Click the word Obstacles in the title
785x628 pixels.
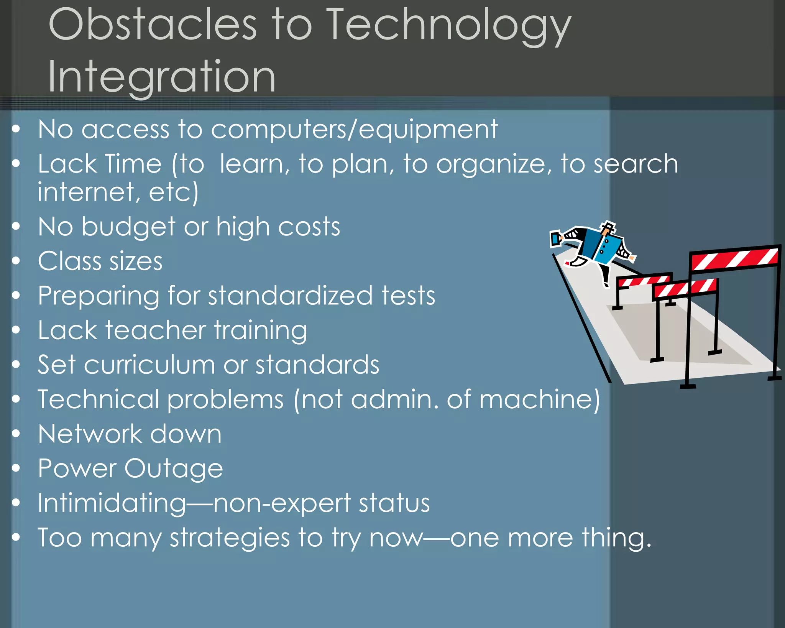click(153, 25)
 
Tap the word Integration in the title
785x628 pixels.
click(161, 77)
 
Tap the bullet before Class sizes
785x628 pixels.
click(16, 261)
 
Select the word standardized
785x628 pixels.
click(290, 296)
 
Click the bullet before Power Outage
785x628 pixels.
click(16, 468)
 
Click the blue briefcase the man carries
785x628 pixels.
click(555, 239)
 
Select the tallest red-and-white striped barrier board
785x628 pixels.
click(734, 258)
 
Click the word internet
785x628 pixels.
click(85, 192)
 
